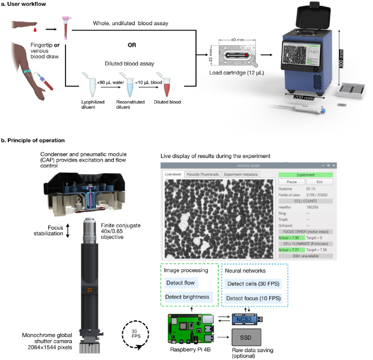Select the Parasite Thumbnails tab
coord(202,174)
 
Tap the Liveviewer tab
coord(173,174)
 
